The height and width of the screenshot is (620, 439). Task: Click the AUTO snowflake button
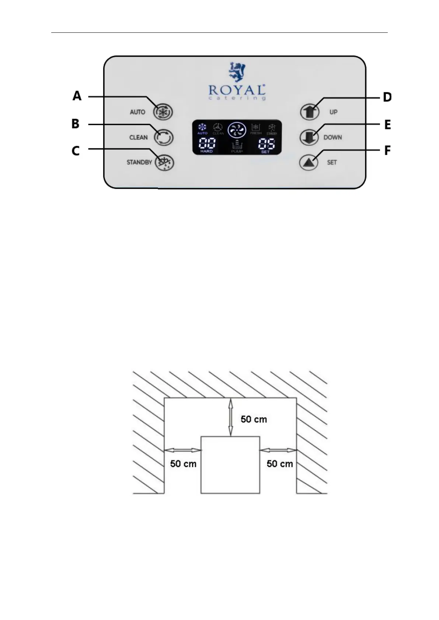click(x=163, y=112)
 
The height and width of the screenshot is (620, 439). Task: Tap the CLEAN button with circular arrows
click(x=163, y=137)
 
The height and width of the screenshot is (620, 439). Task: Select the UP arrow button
click(x=309, y=112)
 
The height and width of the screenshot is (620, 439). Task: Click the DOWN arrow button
click(x=309, y=137)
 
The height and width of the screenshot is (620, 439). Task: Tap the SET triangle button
click(x=309, y=162)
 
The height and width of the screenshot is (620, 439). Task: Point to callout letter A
click(x=77, y=96)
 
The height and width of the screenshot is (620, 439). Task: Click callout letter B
click(x=76, y=124)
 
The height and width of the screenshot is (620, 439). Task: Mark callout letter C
click(x=76, y=151)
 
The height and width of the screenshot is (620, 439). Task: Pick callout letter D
click(x=387, y=97)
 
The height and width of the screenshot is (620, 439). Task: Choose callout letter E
click(x=387, y=125)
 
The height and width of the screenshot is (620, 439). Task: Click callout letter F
click(x=387, y=151)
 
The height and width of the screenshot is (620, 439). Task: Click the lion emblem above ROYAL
click(x=237, y=71)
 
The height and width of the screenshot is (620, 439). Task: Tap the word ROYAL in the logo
click(x=237, y=90)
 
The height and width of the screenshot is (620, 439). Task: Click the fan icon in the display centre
click(x=237, y=130)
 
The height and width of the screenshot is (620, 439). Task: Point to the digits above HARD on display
click(x=207, y=143)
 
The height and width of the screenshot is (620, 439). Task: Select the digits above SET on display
click(x=266, y=143)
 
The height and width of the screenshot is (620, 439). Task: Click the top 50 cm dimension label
click(x=254, y=419)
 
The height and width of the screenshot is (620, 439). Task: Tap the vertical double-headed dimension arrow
click(x=231, y=417)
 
